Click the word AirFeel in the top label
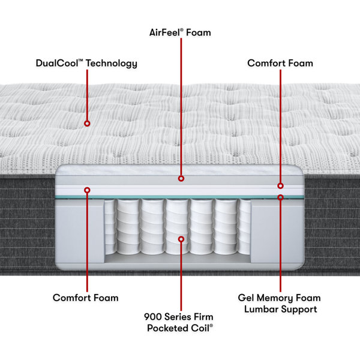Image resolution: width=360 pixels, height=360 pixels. point(164,32)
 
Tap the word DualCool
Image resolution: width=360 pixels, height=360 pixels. point(57,63)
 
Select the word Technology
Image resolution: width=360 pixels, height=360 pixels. point(112,64)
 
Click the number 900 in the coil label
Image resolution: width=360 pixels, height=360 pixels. point(152,317)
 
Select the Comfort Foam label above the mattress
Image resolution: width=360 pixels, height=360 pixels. point(280,63)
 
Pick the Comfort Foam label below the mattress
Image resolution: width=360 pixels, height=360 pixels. point(86,298)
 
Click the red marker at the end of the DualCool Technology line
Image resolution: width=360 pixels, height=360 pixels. point(87,124)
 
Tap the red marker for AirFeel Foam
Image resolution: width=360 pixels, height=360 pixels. point(181,178)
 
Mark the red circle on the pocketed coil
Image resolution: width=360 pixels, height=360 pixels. point(181,239)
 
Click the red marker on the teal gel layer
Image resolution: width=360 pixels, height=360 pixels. point(280,197)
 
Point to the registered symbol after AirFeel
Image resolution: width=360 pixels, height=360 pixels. point(182,30)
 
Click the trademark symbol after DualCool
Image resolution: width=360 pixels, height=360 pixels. point(80,61)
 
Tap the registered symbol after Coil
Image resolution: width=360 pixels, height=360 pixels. point(211,325)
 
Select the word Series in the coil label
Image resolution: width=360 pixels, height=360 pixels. point(178,317)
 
